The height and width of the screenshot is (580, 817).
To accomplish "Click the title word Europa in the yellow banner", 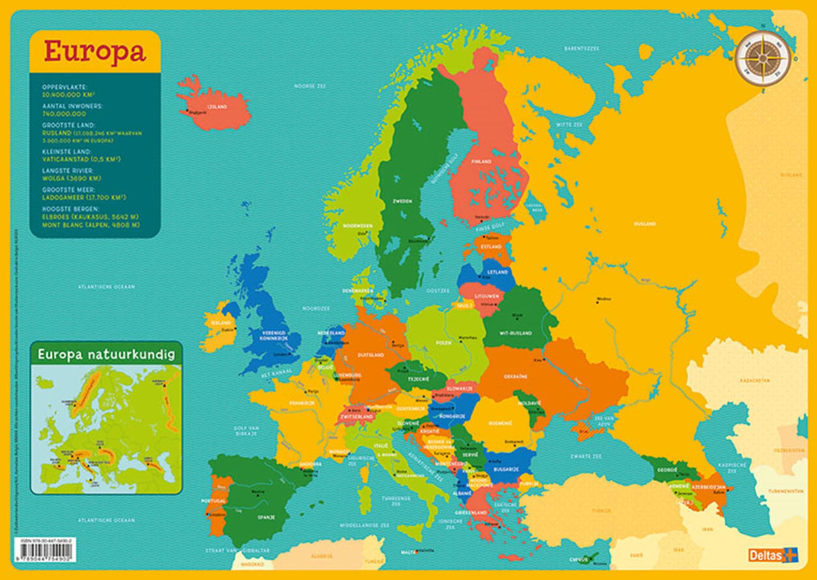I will point(95,52).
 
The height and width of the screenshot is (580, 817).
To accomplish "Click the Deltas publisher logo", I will point(772,555).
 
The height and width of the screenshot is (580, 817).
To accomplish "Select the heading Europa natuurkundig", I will point(105,354).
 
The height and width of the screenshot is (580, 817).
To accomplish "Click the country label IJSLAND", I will point(217,106).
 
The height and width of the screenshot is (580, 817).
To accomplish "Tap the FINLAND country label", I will point(481,161).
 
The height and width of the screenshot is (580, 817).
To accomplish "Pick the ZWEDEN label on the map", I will point(402,201).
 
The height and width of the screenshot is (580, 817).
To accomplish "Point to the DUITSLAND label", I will point(370,355).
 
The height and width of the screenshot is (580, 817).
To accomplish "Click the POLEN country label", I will point(444,342).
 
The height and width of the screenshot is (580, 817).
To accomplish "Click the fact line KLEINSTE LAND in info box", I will point(66,152).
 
